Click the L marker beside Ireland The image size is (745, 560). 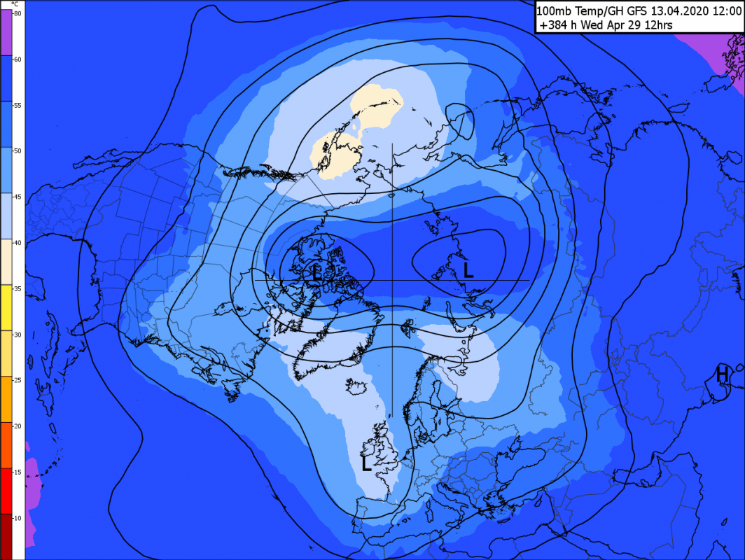point(366,463)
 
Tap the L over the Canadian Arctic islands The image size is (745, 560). point(316,272)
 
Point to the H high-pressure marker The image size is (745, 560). point(722,374)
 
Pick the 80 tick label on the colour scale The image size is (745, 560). point(17,13)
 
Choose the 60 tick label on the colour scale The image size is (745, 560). point(17,59)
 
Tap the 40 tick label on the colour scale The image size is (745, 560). point(17,242)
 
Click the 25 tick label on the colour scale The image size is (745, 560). point(17,380)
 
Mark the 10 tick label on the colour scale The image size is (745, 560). point(17,517)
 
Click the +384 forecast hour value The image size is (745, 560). point(553,26)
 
